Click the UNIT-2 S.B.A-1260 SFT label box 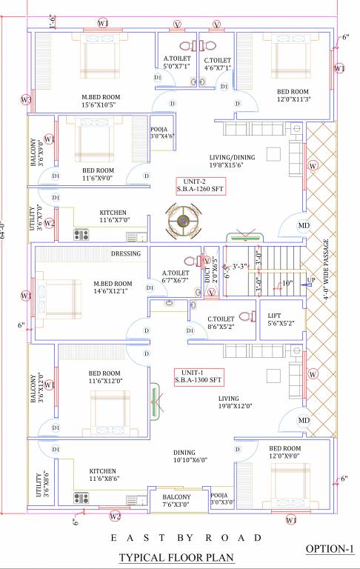click(200, 185)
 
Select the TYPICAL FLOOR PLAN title click(181, 556)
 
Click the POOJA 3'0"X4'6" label click(161, 132)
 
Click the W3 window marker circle click(26, 99)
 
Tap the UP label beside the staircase click(311, 280)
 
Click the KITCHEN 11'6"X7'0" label click(104, 216)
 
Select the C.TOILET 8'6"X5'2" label click(223, 321)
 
